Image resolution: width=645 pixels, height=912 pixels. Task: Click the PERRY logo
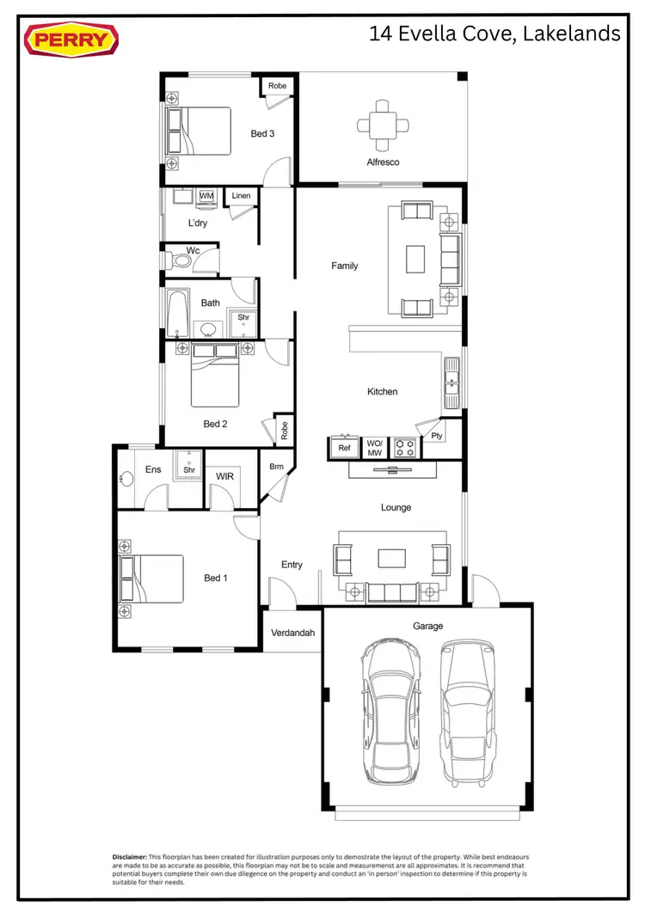click(71, 40)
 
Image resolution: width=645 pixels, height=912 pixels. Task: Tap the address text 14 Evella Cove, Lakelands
click(494, 34)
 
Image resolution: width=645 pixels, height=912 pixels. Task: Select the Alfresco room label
click(383, 162)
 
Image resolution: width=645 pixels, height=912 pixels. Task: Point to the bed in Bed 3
click(199, 132)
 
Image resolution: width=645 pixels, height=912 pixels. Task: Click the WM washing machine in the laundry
click(206, 197)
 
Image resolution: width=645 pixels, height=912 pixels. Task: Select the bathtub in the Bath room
click(177, 315)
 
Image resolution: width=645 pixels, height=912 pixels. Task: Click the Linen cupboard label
click(242, 196)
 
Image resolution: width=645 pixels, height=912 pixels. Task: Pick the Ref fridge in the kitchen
click(344, 448)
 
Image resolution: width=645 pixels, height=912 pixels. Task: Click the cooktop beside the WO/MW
click(404, 448)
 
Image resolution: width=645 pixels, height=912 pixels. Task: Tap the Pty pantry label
click(437, 436)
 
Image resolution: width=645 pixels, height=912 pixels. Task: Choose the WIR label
click(224, 475)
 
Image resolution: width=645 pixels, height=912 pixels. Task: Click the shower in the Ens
click(189, 465)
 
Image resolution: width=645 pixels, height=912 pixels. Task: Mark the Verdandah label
click(292, 633)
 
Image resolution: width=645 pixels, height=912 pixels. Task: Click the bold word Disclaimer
click(129, 857)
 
